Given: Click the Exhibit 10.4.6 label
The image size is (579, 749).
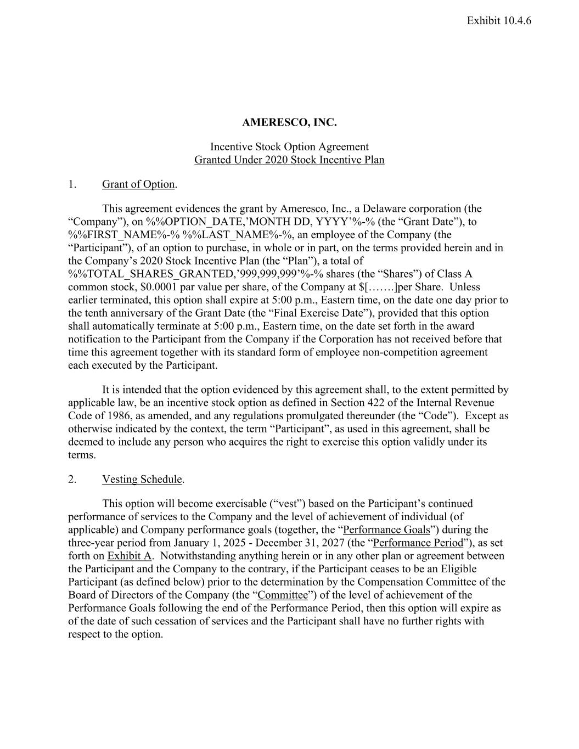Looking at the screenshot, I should (499, 21).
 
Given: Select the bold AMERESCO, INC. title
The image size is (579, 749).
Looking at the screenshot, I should (289, 122).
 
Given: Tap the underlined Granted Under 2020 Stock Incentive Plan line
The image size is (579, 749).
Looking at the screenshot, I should (289, 160).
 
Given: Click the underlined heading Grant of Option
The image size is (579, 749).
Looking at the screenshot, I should (138, 184).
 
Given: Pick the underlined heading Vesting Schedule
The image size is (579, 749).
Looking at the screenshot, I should (142, 480).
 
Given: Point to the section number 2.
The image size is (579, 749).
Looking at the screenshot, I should (72, 480).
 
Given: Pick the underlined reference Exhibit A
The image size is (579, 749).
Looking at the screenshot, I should (129, 556).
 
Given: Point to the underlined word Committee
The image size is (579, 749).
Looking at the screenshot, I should (283, 595).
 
